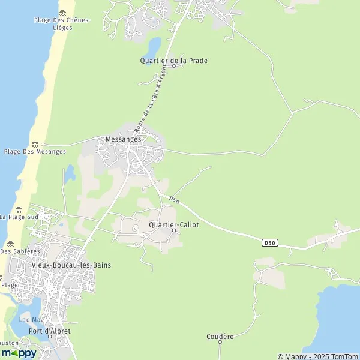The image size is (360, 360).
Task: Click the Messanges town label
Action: [123, 138]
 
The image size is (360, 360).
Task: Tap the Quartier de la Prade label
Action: [174, 61]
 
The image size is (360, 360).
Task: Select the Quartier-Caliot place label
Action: [173, 224]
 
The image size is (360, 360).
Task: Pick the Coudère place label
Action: [220, 337]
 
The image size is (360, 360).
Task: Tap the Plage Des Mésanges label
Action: [35, 152]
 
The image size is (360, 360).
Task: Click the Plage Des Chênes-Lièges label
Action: [62, 24]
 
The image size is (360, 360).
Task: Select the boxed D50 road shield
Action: [270, 242]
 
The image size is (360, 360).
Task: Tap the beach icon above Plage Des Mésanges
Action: [35, 144]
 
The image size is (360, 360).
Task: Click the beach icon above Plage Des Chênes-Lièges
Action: [62, 12]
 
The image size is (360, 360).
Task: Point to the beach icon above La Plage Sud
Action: [19, 209]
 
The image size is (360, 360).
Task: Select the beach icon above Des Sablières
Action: [10, 244]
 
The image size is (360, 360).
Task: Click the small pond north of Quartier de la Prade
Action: [155, 45]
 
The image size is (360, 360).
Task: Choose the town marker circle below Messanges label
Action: [123, 145]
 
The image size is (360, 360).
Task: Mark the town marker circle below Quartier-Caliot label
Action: [174, 230]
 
